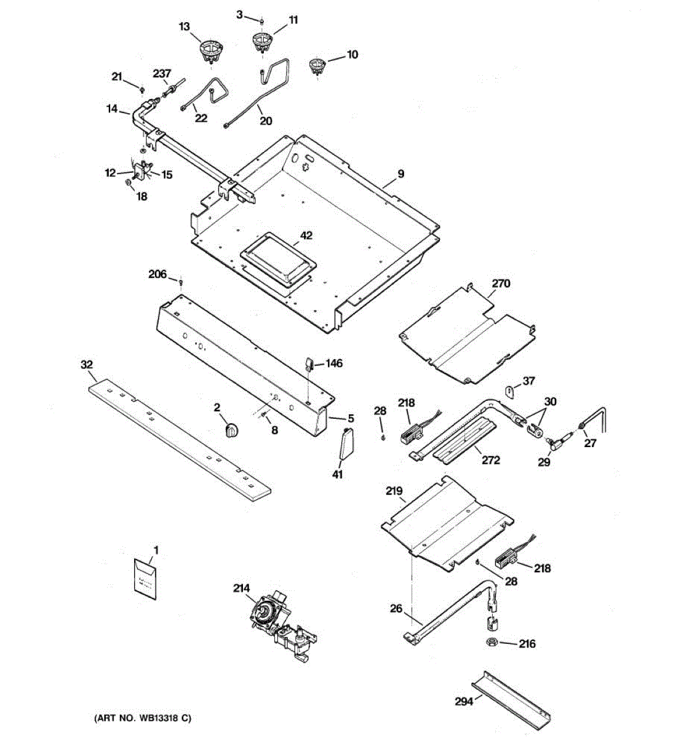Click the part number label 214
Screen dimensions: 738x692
[241, 587]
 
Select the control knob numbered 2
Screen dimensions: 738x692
[231, 430]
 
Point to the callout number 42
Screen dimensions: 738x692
[306, 236]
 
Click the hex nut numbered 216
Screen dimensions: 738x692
[492, 643]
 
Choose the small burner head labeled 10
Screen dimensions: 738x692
[317, 66]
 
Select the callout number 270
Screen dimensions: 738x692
[501, 284]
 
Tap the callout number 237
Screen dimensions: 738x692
[162, 73]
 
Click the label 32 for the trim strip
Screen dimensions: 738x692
[87, 365]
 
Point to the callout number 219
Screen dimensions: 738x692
[394, 491]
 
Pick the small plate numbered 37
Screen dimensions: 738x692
[511, 390]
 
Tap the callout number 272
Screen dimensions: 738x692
[491, 460]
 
